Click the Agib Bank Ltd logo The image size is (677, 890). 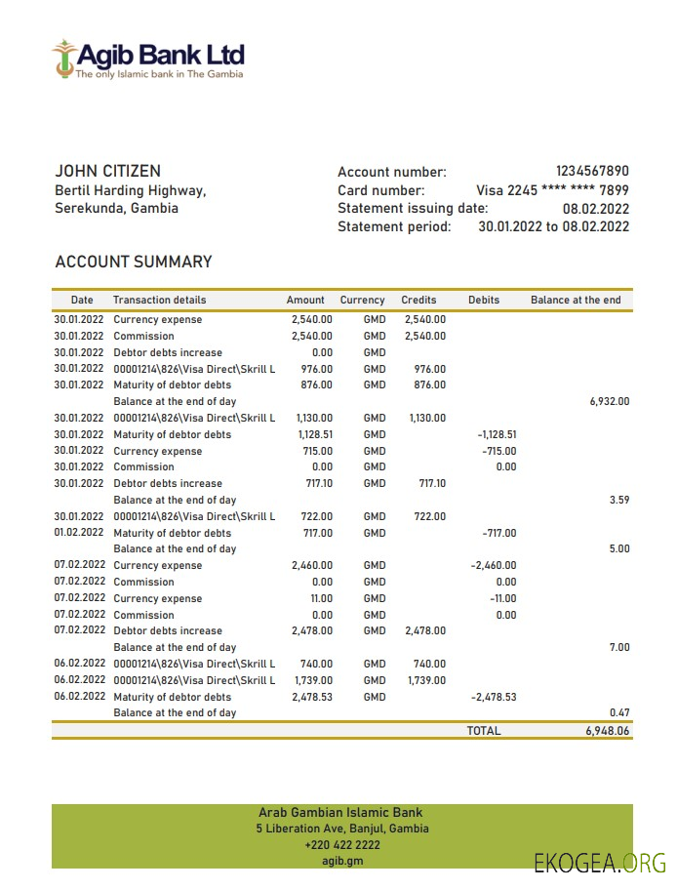pos(148,60)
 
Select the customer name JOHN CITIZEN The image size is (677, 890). pos(107,171)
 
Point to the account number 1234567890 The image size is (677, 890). pos(592,171)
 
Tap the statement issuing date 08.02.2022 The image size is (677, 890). pos(595,208)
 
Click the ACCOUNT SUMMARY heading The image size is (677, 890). pos(134,262)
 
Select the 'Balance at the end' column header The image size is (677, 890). pos(576,300)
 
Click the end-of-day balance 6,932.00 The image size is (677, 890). pos(610,401)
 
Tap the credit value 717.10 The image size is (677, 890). pos(431,483)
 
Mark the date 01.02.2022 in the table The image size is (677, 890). pos(78,533)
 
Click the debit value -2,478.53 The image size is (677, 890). pos(493,697)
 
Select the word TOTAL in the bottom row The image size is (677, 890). pos(483,730)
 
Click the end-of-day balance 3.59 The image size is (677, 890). pos(618,500)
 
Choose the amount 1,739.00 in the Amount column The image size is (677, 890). pos(312,680)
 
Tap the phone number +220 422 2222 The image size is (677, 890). pos(341,844)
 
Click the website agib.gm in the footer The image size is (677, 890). pos(341,860)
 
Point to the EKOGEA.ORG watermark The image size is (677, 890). pos(599,863)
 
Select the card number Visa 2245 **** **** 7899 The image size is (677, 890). pos(552,190)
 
